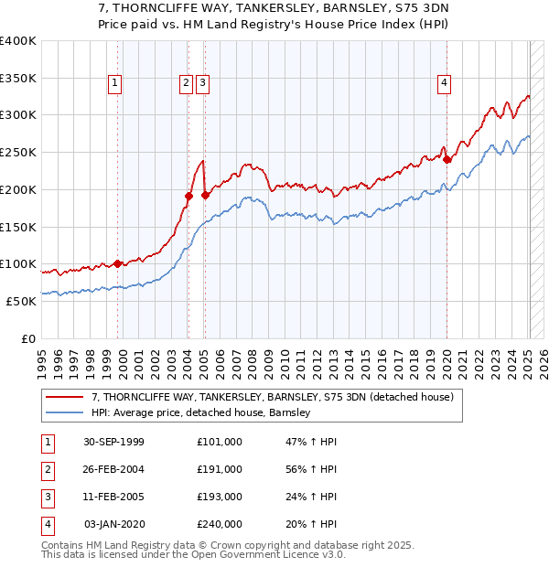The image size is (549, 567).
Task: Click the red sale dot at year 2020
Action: coord(447,159)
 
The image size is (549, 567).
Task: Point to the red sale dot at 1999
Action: coord(118,263)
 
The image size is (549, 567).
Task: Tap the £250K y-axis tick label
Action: coord(17,152)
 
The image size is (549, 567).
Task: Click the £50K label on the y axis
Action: coord(21,301)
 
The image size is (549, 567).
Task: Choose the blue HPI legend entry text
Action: coord(201,412)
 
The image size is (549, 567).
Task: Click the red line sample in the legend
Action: coord(64,397)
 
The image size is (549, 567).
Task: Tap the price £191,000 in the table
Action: coord(220,469)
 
